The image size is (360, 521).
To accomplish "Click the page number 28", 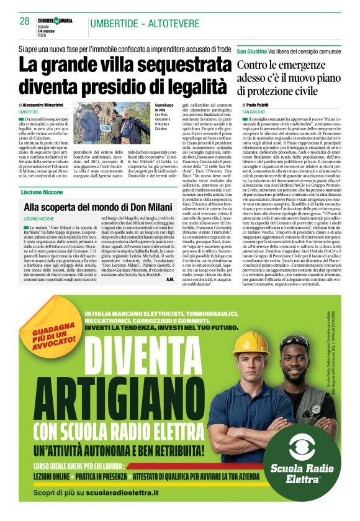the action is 24,21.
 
